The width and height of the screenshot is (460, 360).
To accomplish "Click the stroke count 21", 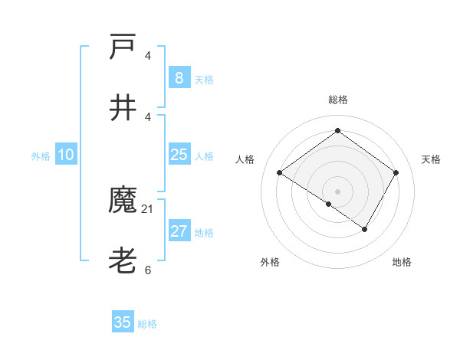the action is tap(148, 208).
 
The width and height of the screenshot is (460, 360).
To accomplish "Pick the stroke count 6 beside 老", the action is tap(148, 270).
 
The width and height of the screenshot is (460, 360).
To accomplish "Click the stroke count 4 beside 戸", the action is tap(148, 55).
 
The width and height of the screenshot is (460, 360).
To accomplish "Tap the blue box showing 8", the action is tap(179, 78).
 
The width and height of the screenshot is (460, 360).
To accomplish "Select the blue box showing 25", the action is tap(179, 155).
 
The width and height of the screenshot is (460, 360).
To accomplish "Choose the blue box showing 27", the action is tap(179, 231).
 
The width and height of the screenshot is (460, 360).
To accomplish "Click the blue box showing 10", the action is tap(66, 155).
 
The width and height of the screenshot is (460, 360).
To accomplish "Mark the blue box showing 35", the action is tap(123, 322).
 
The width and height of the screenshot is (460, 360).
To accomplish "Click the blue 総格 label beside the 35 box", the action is tap(147, 324).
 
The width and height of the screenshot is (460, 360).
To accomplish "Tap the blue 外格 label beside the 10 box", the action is tap(41, 156).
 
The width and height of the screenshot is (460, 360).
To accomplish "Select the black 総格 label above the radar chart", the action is tap(338, 100).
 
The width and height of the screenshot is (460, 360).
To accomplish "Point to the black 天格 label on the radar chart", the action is tap(432, 159).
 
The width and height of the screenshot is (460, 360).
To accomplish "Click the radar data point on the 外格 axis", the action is tap(329, 204).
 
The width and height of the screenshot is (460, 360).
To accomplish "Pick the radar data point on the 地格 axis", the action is tap(365, 229).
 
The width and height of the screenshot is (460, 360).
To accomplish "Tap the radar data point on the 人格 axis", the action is tap(280, 173).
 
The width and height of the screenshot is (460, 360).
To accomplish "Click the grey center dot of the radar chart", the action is tap(338, 191).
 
